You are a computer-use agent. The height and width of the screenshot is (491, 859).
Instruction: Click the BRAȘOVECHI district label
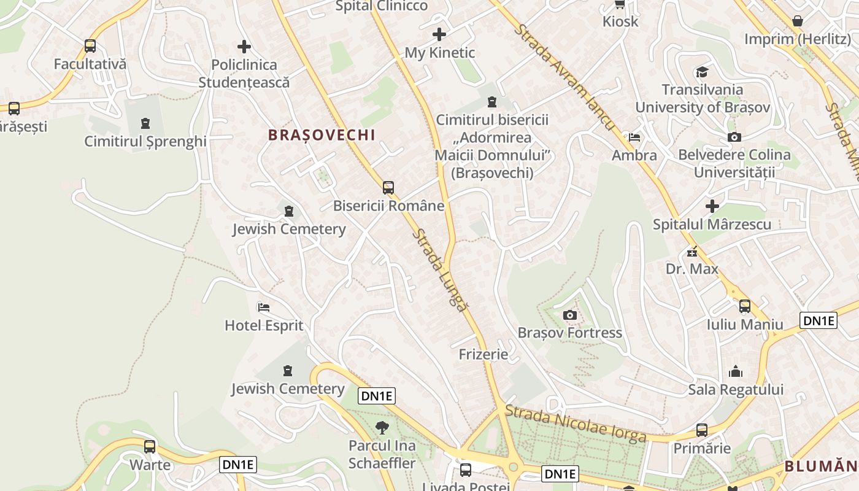point(322,135)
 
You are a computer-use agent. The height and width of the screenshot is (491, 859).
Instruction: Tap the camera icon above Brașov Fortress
point(570,315)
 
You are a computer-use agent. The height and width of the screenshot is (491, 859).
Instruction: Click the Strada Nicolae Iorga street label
point(576,424)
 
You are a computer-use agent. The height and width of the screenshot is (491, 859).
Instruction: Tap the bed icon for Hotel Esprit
point(264,307)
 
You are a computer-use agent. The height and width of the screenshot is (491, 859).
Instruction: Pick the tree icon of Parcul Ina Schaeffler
point(382,427)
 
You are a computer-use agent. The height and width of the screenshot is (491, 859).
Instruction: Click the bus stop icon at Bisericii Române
point(388,188)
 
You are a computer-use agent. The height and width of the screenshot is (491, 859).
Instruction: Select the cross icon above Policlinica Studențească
point(244,47)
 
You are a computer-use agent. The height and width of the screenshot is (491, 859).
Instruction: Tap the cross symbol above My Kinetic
point(439,34)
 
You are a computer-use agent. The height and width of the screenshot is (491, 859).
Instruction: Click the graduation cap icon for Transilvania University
point(702,72)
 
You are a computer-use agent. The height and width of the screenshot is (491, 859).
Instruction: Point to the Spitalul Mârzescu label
point(712,225)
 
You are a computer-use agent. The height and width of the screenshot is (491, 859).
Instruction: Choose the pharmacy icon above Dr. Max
point(692,252)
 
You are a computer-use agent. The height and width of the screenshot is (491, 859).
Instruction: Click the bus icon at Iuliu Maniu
point(745,306)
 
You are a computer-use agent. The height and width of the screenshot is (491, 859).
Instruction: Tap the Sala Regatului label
point(736,390)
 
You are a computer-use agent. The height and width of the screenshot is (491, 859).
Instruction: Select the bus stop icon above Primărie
point(702,430)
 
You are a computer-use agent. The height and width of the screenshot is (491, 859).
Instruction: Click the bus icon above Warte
point(150,447)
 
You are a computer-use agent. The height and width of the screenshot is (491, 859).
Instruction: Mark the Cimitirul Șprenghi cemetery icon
point(145,123)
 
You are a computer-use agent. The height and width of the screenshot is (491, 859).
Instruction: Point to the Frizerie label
point(483,354)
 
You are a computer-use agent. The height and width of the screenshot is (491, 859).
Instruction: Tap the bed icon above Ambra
point(634,137)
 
